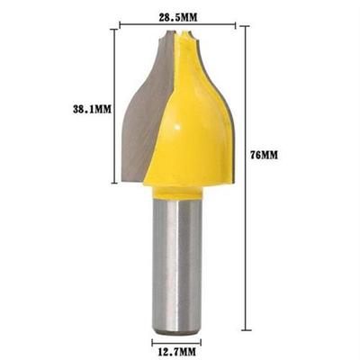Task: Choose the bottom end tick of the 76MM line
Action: pyautogui.click(x=247, y=330)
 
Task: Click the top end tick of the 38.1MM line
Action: pyautogui.click(x=114, y=29)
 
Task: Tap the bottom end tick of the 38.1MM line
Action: pyautogui.click(x=114, y=183)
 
